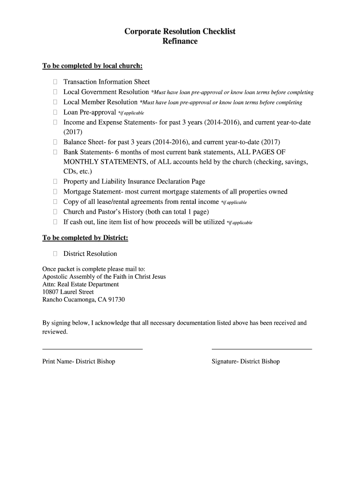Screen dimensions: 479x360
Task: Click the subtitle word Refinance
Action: coord(180,41)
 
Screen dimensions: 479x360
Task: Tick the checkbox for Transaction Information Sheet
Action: coord(55,82)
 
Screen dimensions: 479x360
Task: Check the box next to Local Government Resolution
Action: coord(55,92)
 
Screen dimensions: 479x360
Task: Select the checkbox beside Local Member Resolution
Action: coord(55,102)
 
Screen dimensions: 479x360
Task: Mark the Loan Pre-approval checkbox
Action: coord(55,112)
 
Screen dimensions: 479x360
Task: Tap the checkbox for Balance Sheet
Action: coord(55,142)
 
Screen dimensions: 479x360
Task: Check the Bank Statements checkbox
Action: coord(55,152)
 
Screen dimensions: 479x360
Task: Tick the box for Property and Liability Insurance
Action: coord(55,181)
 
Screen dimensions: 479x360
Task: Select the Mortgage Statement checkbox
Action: coord(55,192)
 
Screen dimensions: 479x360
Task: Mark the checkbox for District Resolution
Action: coord(55,254)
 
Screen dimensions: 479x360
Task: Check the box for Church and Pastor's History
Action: coord(55,211)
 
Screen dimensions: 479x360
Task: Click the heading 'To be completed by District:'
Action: coord(85,238)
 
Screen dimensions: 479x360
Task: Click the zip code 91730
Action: coord(116,299)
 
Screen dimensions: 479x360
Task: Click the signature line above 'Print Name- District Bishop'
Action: coord(93,348)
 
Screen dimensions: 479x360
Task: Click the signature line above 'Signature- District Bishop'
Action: coord(262,348)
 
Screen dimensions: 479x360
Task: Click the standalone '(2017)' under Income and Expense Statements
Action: coord(72,132)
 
